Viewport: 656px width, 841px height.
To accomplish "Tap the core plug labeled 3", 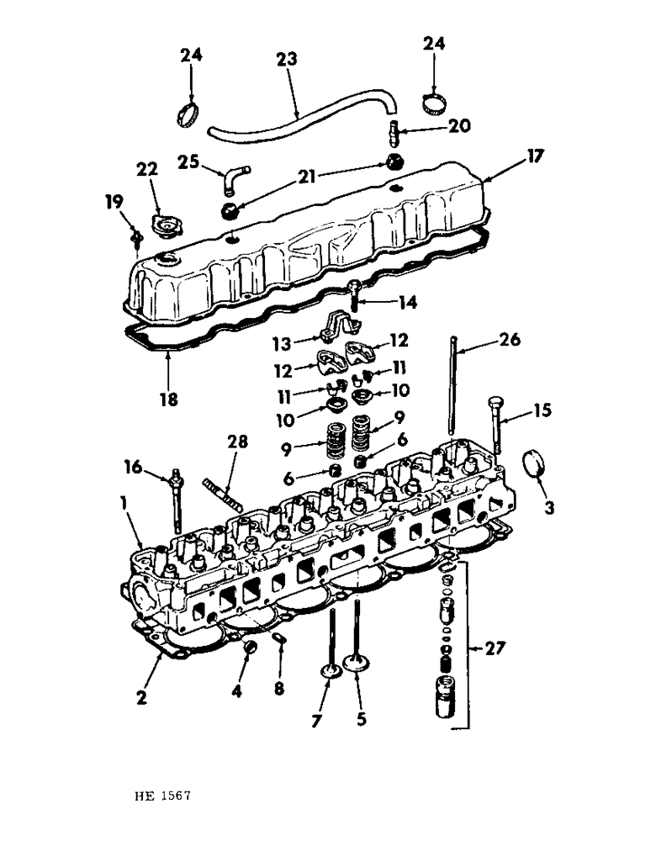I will tap(537, 465).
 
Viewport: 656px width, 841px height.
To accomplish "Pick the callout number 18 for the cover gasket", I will tap(169, 399).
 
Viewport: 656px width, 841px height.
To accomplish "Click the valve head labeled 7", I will tap(329, 672).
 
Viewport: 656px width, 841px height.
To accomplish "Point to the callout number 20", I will tap(459, 127).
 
